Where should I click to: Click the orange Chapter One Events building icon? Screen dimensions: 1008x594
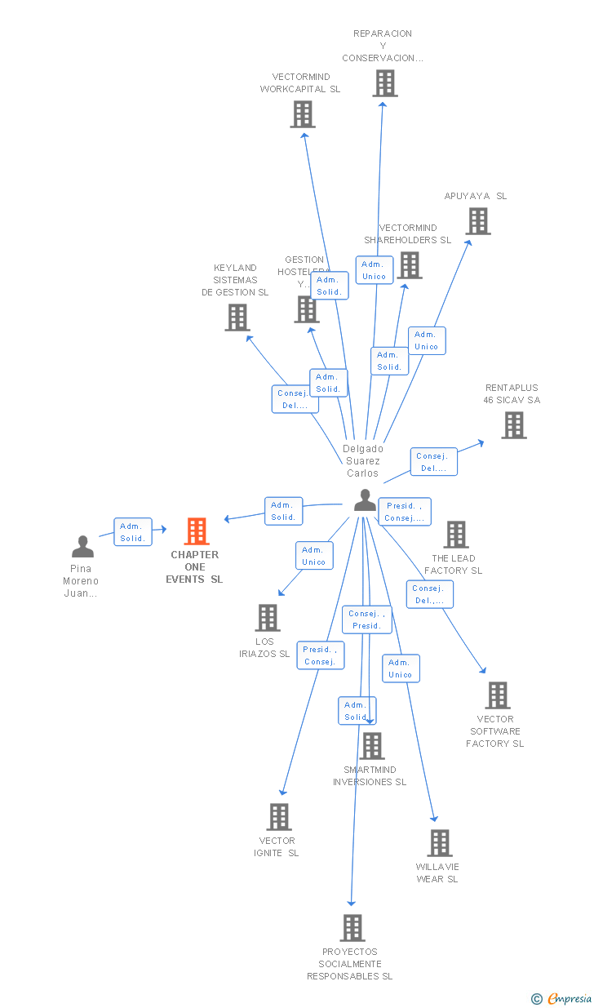[x=197, y=531]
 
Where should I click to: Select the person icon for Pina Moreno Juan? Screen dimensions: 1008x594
[x=82, y=547]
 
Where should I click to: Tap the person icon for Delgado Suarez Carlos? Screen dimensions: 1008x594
[x=365, y=500]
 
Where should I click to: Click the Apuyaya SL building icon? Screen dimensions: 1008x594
[x=478, y=221]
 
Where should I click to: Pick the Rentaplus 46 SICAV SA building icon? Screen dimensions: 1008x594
[x=513, y=425]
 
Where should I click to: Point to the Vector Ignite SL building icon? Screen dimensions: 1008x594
[x=279, y=817]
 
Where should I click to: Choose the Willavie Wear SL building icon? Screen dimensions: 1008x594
[x=439, y=843]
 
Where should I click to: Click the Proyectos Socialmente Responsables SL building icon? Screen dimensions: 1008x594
[x=352, y=928]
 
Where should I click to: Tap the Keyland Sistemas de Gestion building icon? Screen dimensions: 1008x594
[x=237, y=317]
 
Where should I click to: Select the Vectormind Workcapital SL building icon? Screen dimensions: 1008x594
[x=303, y=114]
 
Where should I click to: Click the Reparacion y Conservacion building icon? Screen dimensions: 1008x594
[x=385, y=83]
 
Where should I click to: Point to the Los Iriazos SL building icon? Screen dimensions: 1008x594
[x=268, y=618]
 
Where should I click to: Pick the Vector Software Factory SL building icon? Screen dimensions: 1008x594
[x=497, y=695]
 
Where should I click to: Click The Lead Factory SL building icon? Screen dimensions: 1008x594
[x=455, y=535]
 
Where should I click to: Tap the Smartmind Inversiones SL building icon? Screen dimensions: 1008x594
[x=372, y=746]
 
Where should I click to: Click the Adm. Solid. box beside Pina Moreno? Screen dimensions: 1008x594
[x=132, y=532]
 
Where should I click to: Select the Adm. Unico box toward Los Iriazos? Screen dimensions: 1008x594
[x=313, y=556]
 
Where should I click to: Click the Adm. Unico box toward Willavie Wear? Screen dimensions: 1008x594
[x=401, y=668]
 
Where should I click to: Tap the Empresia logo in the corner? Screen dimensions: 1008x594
[x=562, y=998]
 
